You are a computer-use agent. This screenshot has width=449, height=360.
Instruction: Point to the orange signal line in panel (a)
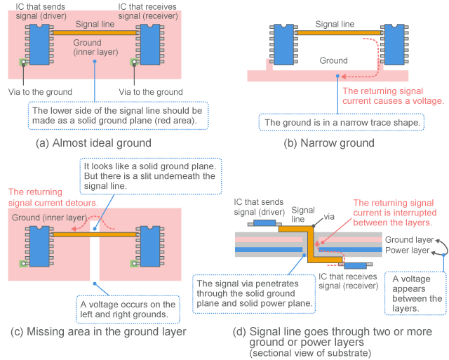[x=95, y=32]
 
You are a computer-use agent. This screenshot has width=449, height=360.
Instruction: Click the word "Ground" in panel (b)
[x=333, y=61]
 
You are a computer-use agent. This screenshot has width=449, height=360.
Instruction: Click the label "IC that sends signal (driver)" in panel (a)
[x=42, y=11]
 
